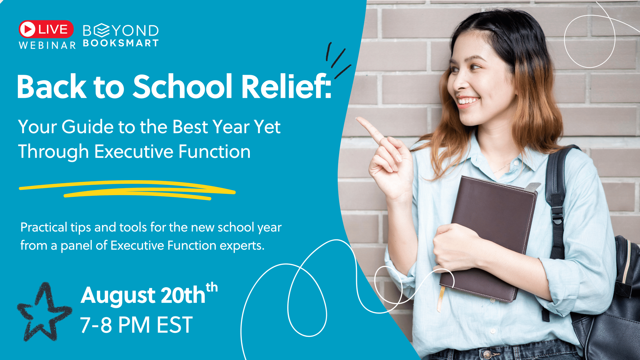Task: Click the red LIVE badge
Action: (46, 29)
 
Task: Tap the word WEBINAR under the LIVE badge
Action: (47, 45)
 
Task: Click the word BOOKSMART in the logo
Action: (121, 43)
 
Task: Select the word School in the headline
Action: (182, 86)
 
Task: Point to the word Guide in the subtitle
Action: (87, 127)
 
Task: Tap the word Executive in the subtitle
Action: (134, 151)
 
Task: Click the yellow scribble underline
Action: (127, 190)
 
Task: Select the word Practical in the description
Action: (44, 228)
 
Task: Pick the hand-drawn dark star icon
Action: (44, 312)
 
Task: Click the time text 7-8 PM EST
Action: (136, 325)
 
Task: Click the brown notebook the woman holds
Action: (488, 238)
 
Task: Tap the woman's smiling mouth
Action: (468, 101)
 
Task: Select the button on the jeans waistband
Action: (487, 354)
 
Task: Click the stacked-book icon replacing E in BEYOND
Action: (102, 30)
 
